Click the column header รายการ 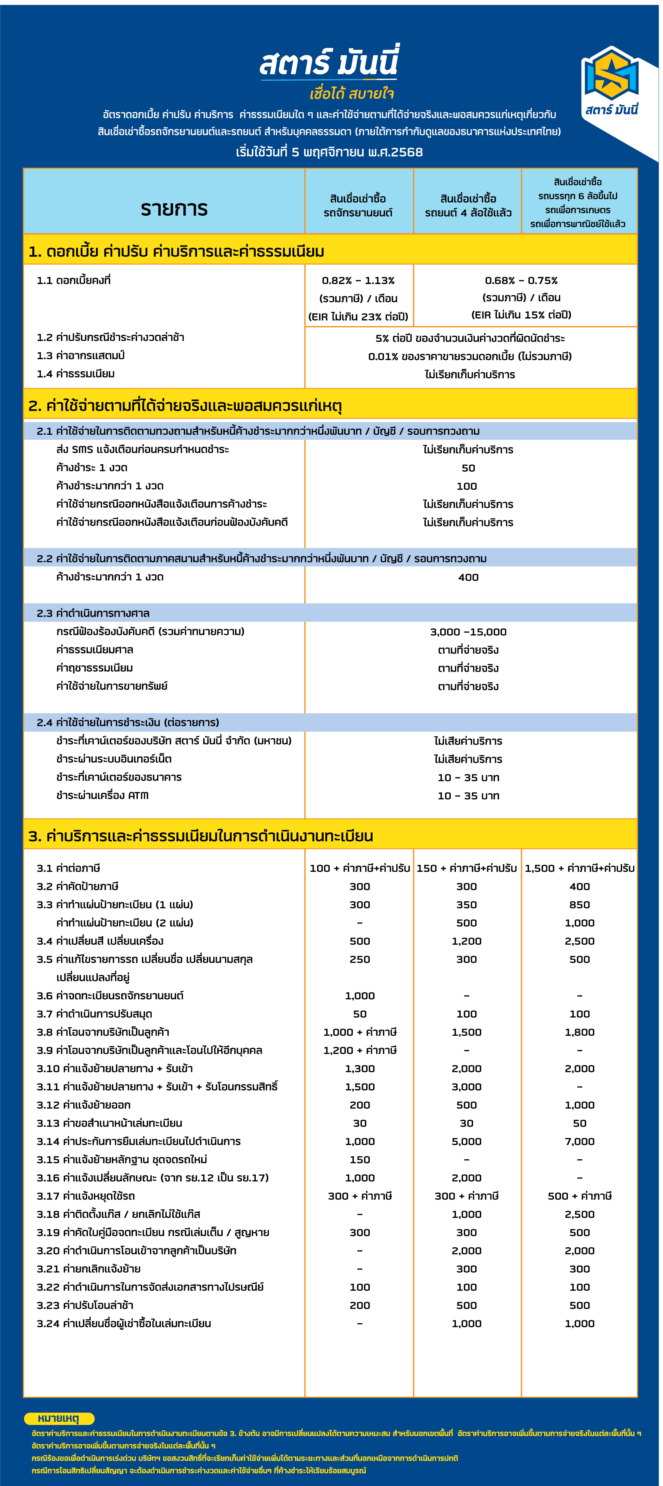(174, 208)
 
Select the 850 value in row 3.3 (579, 905)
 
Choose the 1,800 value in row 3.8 (579, 1032)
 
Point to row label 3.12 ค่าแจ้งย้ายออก (84, 1105)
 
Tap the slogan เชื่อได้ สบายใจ (352, 93)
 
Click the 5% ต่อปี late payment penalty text (470, 338)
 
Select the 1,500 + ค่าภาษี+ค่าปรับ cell (579, 868)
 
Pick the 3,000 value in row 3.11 (466, 1087)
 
